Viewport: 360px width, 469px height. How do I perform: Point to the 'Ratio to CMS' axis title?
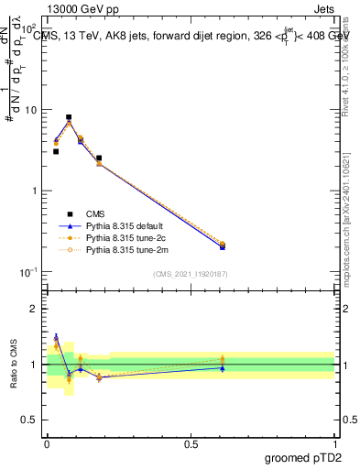pos(14,364)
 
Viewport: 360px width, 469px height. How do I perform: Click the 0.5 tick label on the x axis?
pos(190,443)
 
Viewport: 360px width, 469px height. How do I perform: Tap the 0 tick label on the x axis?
pos(47,443)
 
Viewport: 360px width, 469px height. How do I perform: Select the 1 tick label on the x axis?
pos(334,443)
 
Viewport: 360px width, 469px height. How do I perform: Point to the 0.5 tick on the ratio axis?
pos(31,420)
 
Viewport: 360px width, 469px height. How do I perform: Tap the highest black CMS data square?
pos(69,117)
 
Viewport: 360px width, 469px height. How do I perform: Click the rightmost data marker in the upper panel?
pos(223,245)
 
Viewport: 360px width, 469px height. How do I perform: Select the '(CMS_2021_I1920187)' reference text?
pos(190,274)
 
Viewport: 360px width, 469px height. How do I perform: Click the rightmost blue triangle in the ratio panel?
pos(223,367)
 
